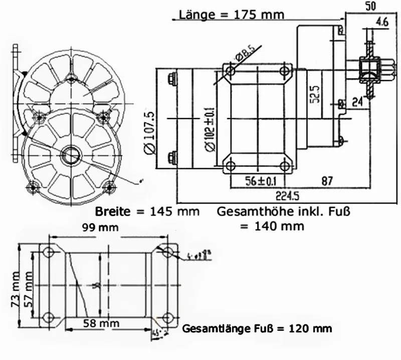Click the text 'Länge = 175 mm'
click(231, 15)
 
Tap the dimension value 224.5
click(285, 195)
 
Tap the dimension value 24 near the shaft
click(357, 103)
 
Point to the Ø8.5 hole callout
click(246, 54)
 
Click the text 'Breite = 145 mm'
click(147, 211)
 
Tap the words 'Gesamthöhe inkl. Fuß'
click(283, 211)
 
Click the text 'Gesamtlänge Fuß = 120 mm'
click(257, 329)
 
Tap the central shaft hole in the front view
click(70, 153)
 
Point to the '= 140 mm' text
click(272, 226)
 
